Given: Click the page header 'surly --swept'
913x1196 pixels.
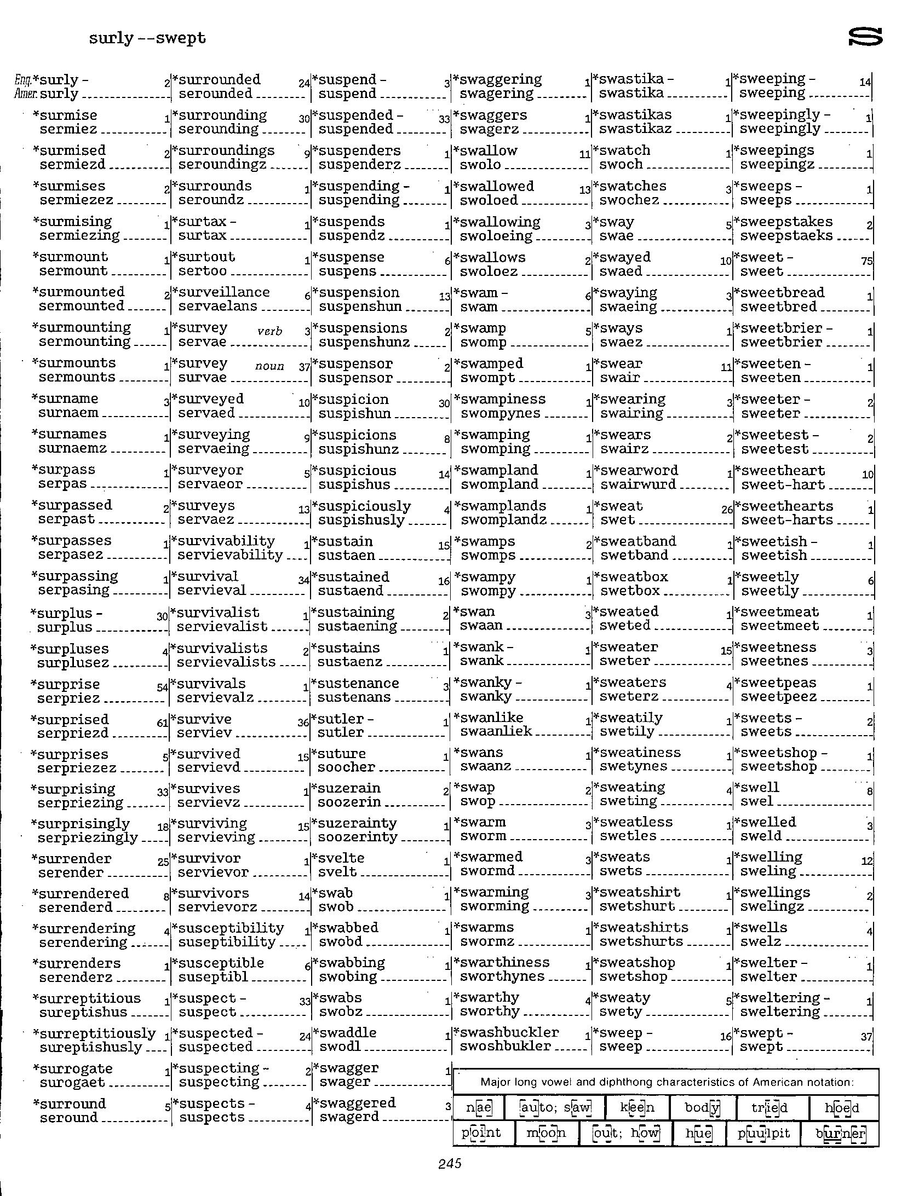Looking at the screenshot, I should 147,38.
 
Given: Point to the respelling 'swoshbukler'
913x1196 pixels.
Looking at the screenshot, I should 505,1046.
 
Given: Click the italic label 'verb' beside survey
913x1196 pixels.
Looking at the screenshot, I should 269,331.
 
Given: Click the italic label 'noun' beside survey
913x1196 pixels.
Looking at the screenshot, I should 269,366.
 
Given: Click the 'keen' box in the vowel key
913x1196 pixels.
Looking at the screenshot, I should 637,1108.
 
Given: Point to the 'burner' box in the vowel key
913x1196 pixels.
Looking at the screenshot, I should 840,1133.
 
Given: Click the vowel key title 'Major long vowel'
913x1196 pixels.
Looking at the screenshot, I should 667,1082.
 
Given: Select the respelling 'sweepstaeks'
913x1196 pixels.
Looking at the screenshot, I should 786,236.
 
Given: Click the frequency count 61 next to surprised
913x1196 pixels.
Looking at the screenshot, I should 162,723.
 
